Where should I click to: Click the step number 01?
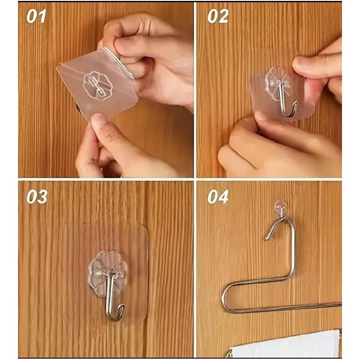(36, 16)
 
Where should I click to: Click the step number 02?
(218, 16)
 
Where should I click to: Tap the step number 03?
(37, 197)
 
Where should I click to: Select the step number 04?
(218, 197)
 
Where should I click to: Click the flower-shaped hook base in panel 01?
(98, 85)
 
